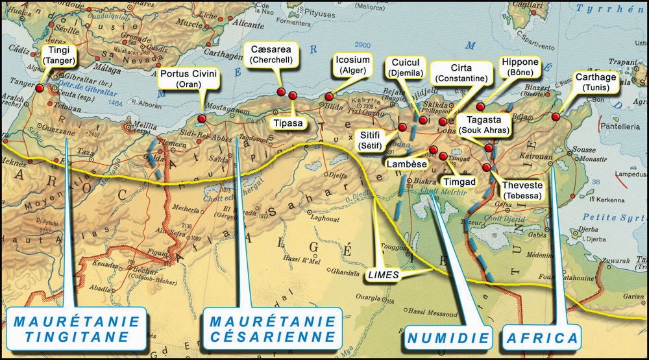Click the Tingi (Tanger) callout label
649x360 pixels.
[x=59, y=55]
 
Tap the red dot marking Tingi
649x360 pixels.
[x=40, y=88]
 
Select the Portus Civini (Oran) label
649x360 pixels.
[x=189, y=80]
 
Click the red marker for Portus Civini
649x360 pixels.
[x=202, y=119]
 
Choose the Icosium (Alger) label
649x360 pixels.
[x=353, y=66]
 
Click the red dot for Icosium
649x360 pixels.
[x=329, y=97]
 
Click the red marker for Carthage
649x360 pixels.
[x=556, y=117]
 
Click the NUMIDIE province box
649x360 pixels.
[x=448, y=338]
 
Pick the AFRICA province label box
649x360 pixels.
[x=541, y=338]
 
